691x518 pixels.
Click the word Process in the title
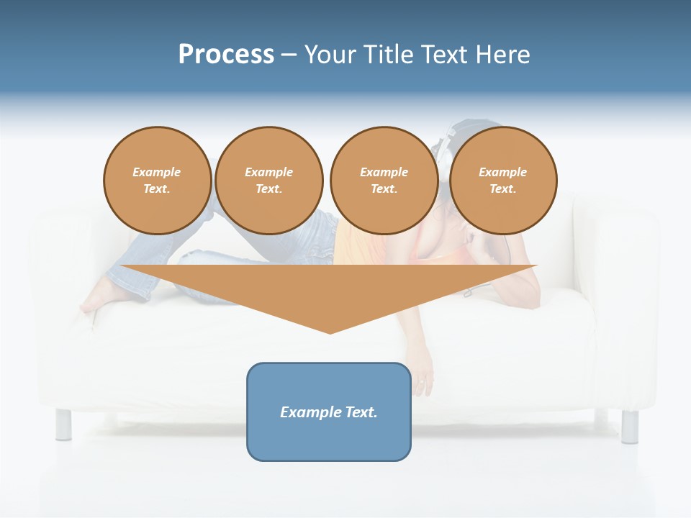click(226, 55)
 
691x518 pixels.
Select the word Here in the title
click(502, 55)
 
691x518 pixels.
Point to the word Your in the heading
click(331, 55)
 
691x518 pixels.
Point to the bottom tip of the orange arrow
click(330, 332)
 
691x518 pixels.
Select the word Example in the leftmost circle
click(157, 172)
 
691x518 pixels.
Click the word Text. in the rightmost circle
click(502, 188)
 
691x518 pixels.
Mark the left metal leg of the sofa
click(63, 424)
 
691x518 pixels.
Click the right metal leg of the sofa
click(629, 426)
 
